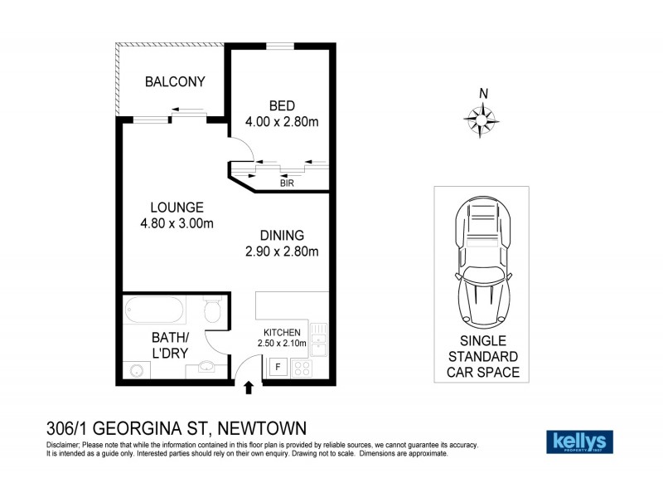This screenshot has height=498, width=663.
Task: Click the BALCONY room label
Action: point(174,81)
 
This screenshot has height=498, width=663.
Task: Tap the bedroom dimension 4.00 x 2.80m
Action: point(282,122)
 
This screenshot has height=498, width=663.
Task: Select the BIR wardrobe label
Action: point(287,184)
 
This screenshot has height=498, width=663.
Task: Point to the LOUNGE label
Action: point(177,207)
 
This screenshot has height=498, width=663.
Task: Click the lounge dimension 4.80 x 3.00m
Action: point(177,223)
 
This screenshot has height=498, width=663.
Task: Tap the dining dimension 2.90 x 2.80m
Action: point(282,251)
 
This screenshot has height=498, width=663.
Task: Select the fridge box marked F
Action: point(277,365)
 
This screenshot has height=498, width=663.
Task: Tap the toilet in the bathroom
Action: point(212,312)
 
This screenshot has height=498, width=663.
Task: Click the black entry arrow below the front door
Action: point(249,387)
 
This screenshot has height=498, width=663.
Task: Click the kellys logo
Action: point(579,441)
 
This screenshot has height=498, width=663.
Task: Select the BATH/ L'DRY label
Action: point(170,345)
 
